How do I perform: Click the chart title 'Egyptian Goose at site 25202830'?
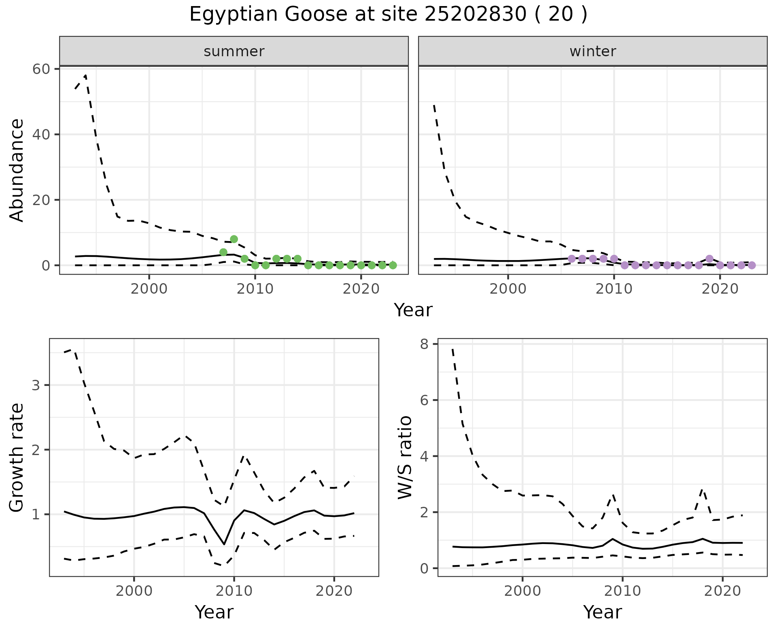[x=388, y=15]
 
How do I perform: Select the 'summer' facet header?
[x=234, y=51]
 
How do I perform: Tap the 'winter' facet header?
[x=592, y=51]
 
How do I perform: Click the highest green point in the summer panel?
[x=234, y=239]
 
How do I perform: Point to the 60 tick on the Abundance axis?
[x=41, y=69]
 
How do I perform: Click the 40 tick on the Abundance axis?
[x=41, y=135]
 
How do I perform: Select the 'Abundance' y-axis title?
[x=17, y=170]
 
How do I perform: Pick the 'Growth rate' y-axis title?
[x=17, y=458]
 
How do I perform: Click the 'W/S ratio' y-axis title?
[x=405, y=458]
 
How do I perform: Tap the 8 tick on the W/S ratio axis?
[x=425, y=344]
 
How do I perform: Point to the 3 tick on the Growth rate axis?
[x=36, y=385]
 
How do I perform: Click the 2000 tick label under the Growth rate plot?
[x=134, y=591]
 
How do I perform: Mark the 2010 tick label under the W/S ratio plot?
[x=622, y=591]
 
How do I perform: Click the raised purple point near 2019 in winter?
[x=709, y=259]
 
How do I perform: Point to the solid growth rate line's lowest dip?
[x=224, y=544]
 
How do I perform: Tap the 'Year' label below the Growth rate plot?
[x=214, y=612]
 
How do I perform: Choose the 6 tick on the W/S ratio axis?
[x=425, y=400]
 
